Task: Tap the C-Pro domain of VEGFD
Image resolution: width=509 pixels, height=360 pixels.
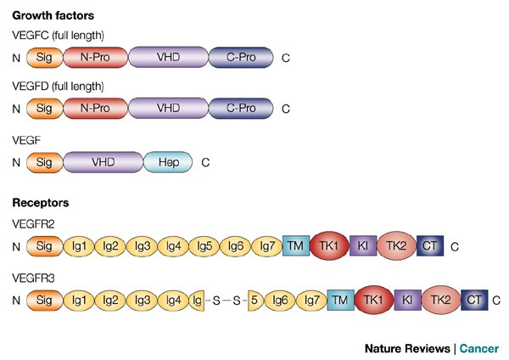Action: [x=241, y=109]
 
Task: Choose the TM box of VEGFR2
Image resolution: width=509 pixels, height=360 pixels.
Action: [x=295, y=246]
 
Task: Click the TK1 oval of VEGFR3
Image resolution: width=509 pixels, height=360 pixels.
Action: [x=369, y=300]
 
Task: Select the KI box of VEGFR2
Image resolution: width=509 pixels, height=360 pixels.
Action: [x=362, y=246]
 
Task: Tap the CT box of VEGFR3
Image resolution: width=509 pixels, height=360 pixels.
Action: [x=474, y=300]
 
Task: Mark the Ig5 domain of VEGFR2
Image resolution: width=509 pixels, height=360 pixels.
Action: [x=204, y=246]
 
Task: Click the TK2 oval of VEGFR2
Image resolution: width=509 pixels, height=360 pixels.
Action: [x=395, y=246]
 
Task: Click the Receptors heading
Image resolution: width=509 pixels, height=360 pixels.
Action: [x=40, y=203]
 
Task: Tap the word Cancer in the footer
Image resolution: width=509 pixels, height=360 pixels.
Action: [x=479, y=348]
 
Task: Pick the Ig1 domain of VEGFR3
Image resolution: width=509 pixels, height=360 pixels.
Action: [x=80, y=300]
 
